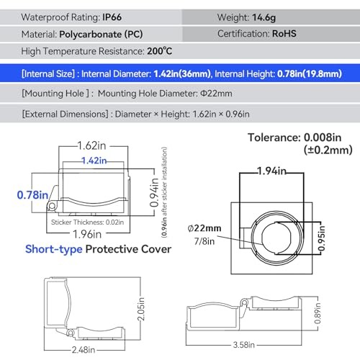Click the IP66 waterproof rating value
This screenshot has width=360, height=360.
tap(112, 17)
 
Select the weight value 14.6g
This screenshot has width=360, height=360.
tap(264, 17)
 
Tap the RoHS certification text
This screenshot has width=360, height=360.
tap(284, 34)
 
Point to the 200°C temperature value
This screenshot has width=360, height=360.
tap(160, 51)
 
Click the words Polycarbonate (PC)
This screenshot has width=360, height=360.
tap(101, 35)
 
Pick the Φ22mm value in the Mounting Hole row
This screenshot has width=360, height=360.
tap(216, 94)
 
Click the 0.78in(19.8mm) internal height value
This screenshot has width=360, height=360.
tap(310, 73)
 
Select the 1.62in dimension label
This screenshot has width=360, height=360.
tap(91, 145)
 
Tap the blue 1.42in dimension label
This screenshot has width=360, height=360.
tap(94, 161)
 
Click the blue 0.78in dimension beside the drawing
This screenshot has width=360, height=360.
tap(32, 194)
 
